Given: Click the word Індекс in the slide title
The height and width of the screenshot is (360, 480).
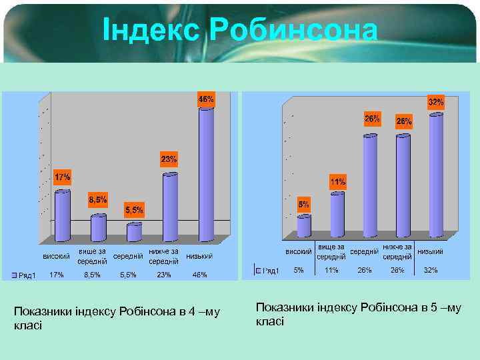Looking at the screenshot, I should point(152,30).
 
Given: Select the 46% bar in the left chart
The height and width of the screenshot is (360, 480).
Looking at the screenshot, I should point(206,173).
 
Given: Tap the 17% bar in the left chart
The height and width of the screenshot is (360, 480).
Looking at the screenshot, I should point(63,215).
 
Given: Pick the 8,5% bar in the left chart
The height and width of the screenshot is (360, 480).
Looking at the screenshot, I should point(99,227).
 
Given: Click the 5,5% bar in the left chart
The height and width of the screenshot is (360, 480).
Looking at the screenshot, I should point(134,232).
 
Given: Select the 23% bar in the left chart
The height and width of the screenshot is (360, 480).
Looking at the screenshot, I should point(171,207).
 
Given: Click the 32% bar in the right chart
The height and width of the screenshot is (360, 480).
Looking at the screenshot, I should point(436,175).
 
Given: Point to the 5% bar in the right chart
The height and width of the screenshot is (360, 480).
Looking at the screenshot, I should point(304,225).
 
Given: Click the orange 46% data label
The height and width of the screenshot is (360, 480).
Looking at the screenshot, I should point(206,99).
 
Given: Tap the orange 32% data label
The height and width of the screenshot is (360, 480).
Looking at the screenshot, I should point(436,103).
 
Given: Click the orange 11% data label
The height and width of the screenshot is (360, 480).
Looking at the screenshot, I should point(337,181).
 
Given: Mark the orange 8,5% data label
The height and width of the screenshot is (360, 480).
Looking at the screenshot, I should point(98,199).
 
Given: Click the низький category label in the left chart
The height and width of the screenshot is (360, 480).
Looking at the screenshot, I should point(199,257).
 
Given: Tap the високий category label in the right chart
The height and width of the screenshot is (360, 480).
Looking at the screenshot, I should point(299,252).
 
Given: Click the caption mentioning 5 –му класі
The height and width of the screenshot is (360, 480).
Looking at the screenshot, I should point(358,314).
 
